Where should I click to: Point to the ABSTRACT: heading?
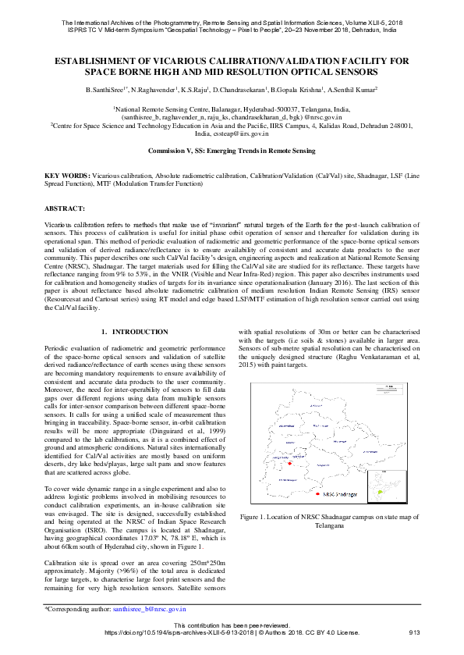[x=64, y=209]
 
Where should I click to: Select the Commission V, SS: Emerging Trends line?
[x=232, y=149]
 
